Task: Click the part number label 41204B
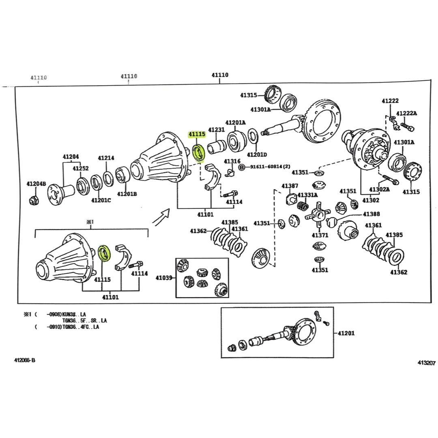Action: [36, 184]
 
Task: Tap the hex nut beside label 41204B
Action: [34, 200]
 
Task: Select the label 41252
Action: [81, 168]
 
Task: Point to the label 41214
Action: [106, 158]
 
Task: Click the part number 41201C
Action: [101, 200]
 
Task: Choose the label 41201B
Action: [127, 194]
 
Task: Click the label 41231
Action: [217, 129]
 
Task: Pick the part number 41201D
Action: [258, 154]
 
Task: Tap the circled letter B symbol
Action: [242, 167]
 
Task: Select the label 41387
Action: [290, 186]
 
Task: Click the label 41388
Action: [371, 214]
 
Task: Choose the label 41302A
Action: [379, 189]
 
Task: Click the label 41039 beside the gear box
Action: [164, 278]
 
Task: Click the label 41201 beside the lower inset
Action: [346, 333]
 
